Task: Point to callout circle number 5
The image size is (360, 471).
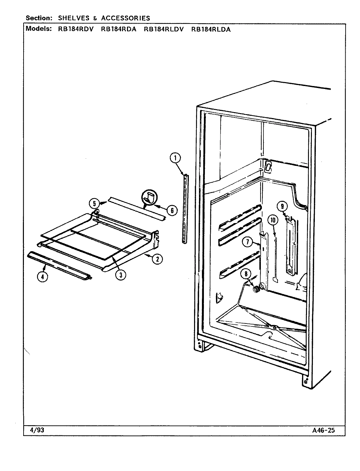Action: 94,203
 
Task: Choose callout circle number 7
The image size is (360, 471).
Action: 248,242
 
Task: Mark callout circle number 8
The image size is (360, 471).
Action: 245,273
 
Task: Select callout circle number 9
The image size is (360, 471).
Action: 282,206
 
